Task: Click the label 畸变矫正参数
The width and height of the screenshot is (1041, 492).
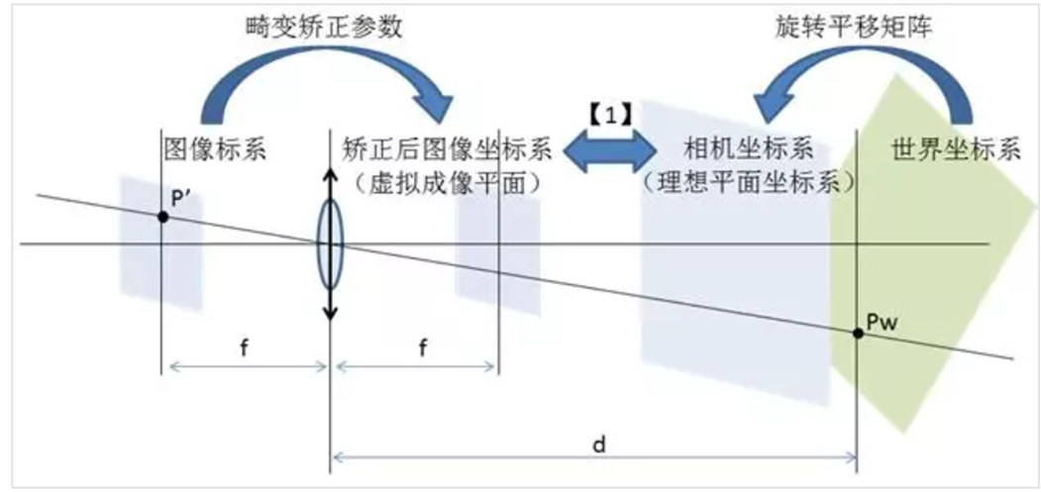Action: coord(327,25)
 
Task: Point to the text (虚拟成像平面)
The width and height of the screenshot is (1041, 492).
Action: coord(444,182)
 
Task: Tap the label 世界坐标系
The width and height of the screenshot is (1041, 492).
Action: coord(951,150)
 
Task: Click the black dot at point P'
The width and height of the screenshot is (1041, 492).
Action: coord(161,215)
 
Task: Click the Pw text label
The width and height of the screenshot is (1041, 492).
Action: coord(881,321)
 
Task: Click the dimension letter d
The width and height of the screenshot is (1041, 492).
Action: coord(598,443)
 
